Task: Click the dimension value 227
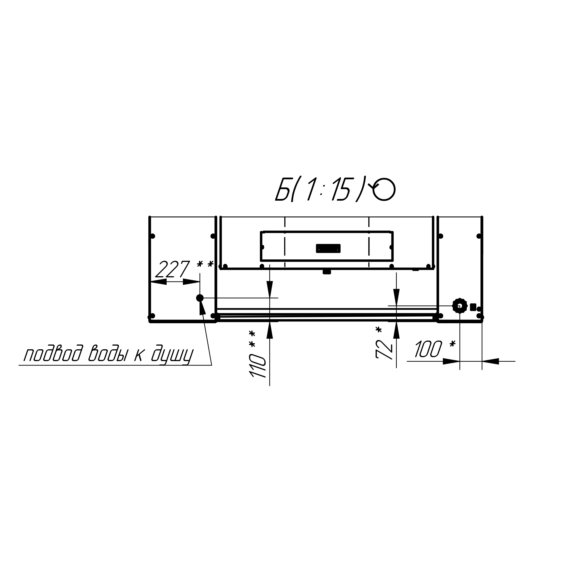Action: click(x=173, y=269)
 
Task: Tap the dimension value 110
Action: click(x=258, y=366)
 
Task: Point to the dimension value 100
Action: click(x=428, y=349)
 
